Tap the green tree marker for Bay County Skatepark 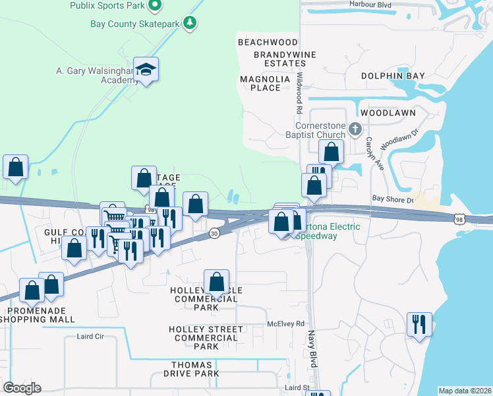(x=190, y=23)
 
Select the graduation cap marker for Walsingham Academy (x=146, y=70)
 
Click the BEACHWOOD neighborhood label (x=268, y=42)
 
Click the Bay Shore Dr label (x=392, y=199)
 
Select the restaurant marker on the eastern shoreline (x=419, y=325)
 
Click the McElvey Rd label (x=286, y=324)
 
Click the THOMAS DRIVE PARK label (x=192, y=369)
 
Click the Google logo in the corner (x=22, y=388)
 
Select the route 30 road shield (x=214, y=234)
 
